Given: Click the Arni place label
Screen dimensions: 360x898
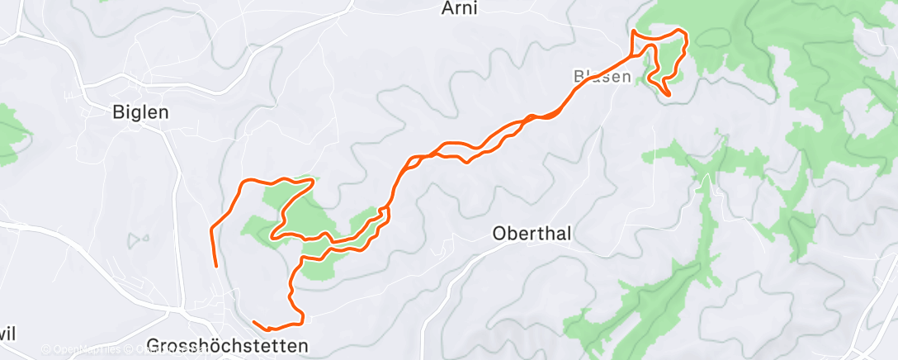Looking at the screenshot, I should [x=460, y=8].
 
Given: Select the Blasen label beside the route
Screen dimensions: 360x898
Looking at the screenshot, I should [x=602, y=76].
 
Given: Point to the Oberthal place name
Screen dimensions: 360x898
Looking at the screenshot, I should [x=532, y=234].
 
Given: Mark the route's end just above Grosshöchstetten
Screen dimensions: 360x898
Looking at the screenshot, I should [x=254, y=321].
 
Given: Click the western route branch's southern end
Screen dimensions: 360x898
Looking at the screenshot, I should [x=216, y=266].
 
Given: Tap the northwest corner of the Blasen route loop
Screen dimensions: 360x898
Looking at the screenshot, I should [x=632, y=31].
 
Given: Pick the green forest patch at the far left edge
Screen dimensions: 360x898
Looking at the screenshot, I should [x=10, y=132].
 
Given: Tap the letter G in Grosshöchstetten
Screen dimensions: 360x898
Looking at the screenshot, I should [x=152, y=345].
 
